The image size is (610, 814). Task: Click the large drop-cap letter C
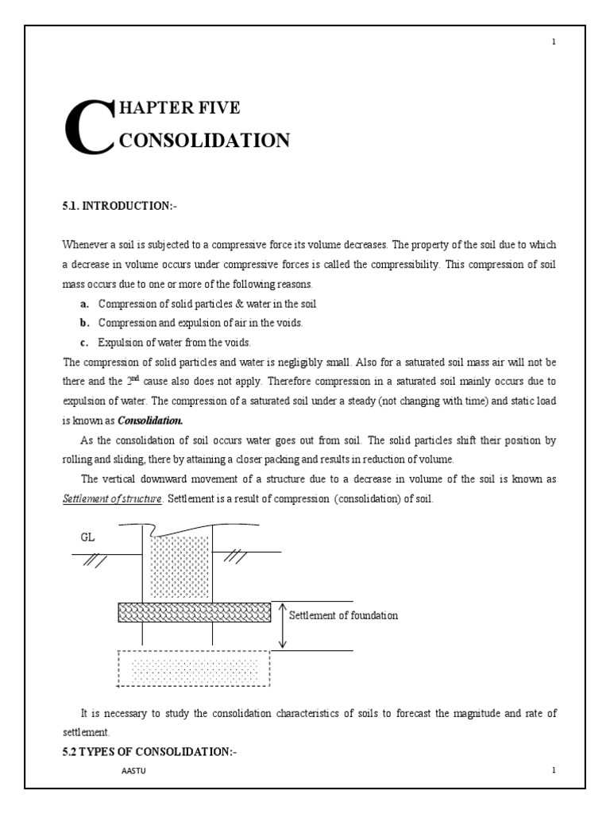click(88, 127)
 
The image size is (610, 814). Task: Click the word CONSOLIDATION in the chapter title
click(203, 141)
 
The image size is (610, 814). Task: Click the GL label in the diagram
click(87, 537)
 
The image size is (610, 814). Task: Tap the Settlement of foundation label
click(343, 615)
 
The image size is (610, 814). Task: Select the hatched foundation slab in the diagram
click(194, 612)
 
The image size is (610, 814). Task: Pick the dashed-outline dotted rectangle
click(194, 668)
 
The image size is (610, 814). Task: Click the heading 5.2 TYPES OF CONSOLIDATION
click(149, 752)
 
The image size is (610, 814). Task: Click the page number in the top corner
click(554, 42)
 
